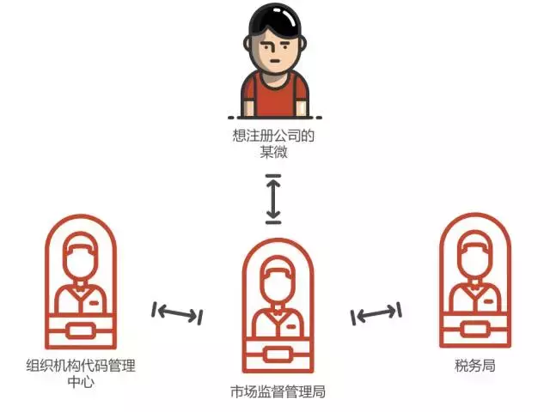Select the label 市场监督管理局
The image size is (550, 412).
pyautogui.click(x=278, y=391)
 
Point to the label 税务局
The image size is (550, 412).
pyautogui.click(x=475, y=367)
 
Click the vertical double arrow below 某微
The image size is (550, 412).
pyautogui.click(x=273, y=197)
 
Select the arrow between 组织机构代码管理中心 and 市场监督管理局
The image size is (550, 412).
pyautogui.click(x=177, y=313)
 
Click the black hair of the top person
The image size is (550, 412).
pyautogui.click(x=274, y=21)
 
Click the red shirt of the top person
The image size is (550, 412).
pyautogui.click(x=274, y=95)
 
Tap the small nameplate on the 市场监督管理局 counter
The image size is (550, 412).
pyautogui.click(x=278, y=354)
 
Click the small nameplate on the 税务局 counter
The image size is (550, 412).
pyautogui.click(x=475, y=329)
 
